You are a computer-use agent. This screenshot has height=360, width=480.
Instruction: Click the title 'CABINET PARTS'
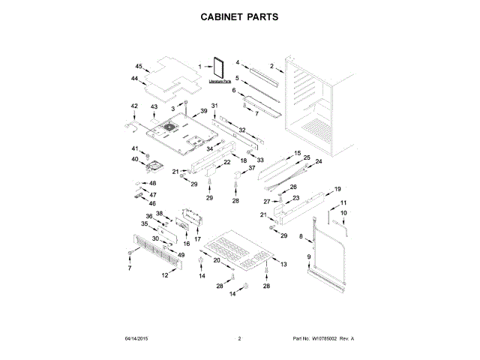(239, 16)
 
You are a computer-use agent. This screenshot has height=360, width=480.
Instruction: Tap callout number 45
(139, 66)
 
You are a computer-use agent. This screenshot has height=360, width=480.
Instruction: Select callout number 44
(134, 79)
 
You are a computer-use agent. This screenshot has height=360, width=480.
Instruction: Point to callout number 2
(271, 66)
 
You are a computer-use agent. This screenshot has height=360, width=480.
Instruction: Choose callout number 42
(134, 106)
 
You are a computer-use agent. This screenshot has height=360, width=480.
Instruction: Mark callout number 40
(136, 159)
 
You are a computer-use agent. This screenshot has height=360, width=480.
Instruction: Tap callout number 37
(251, 169)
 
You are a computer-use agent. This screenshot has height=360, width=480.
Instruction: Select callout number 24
(318, 162)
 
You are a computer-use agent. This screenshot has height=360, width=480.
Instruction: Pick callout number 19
(337, 189)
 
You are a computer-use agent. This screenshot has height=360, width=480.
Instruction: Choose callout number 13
(283, 265)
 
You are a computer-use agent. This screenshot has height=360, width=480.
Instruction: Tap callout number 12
(165, 275)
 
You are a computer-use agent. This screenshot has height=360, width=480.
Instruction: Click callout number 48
(152, 183)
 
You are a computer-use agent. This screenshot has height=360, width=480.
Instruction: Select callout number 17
(198, 239)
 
